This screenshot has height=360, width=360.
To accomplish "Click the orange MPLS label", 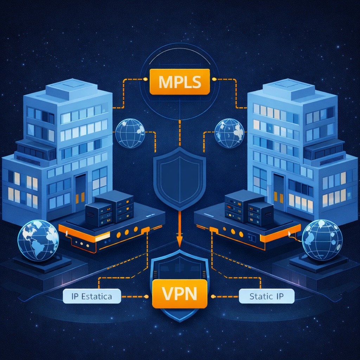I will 180,82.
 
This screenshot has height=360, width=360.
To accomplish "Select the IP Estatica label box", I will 92,296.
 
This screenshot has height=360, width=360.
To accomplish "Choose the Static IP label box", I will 266,296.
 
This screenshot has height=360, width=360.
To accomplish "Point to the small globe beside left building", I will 130,133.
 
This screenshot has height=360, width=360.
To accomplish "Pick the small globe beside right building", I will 229,133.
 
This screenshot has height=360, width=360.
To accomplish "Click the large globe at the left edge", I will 38,240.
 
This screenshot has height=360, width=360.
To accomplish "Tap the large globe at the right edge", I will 322,240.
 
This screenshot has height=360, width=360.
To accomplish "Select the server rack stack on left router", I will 110,209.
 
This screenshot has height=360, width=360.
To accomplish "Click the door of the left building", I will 81,192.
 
